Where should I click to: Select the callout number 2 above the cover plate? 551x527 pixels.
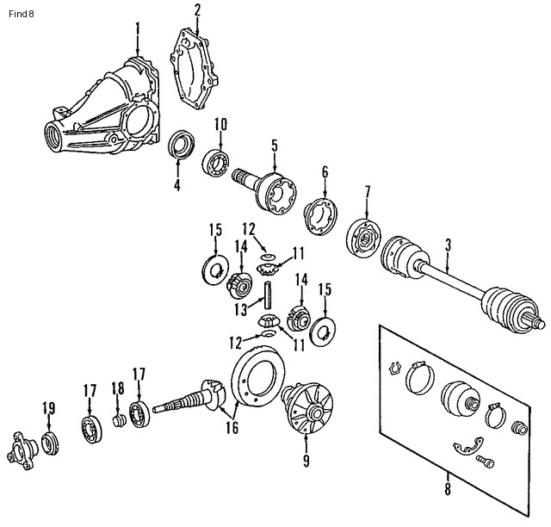(197, 10)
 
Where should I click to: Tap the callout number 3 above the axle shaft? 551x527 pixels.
(448, 244)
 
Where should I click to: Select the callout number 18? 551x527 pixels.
(118, 389)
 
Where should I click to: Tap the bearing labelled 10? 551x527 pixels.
(215, 162)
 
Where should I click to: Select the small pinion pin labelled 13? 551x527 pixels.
(267, 297)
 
